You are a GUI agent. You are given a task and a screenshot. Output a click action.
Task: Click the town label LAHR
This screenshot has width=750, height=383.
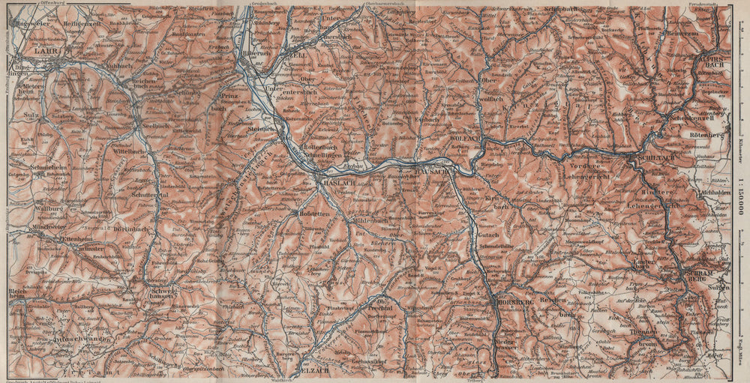point(46,51)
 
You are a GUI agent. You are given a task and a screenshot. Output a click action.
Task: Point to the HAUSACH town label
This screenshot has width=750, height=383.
point(430,172)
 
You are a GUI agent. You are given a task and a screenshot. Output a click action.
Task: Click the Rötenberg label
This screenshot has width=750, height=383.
point(704,135)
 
